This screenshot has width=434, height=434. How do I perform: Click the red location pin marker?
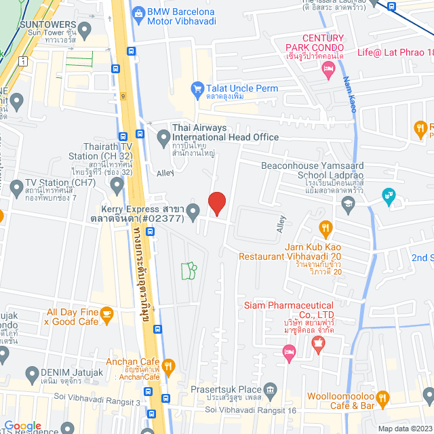[x=216, y=203]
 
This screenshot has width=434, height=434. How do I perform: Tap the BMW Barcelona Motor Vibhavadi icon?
[x=139, y=12]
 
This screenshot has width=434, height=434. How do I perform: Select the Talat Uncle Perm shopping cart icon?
[x=197, y=87]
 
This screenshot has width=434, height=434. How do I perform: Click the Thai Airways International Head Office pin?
[x=163, y=138]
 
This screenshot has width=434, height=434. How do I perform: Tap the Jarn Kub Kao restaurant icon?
[x=325, y=228]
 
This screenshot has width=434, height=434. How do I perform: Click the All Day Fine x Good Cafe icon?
[x=106, y=313]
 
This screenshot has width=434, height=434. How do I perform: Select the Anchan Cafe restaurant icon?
[x=168, y=367]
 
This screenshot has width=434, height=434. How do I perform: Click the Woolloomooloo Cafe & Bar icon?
[x=382, y=397]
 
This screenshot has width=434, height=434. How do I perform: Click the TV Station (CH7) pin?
[x=16, y=185]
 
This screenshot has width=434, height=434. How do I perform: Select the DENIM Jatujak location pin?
[x=31, y=373]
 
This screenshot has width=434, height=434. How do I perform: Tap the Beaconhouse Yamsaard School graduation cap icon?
[x=348, y=202]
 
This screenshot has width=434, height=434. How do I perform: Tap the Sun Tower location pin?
[x=85, y=29]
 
